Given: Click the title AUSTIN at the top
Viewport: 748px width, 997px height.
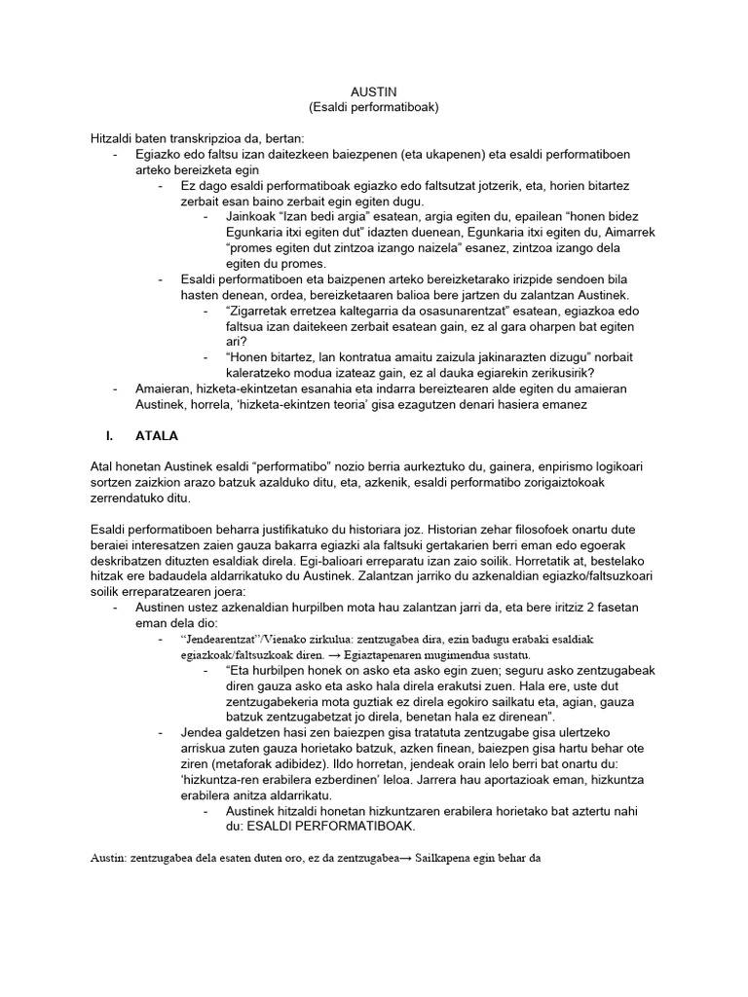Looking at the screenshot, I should tap(373, 91).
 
